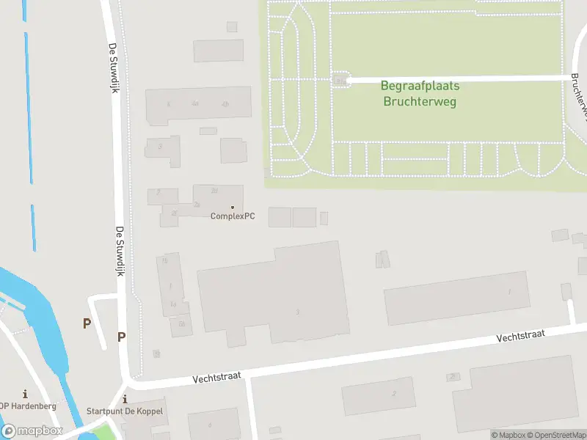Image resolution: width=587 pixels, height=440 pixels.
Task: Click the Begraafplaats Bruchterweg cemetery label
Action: [x=420, y=94]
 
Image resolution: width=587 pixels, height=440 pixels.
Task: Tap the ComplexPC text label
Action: [x=232, y=216]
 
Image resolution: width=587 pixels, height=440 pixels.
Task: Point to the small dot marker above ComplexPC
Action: [x=233, y=207]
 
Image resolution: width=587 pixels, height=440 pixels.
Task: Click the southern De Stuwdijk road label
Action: [x=120, y=251]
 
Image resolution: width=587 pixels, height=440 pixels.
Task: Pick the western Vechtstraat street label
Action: [x=217, y=378]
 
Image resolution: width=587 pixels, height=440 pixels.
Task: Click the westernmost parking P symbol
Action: [x=87, y=323]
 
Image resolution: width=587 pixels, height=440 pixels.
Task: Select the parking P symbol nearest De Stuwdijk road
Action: [x=121, y=337]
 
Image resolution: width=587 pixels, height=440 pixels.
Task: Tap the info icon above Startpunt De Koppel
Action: [x=125, y=399]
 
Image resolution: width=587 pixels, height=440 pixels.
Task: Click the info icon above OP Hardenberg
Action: [x=25, y=394]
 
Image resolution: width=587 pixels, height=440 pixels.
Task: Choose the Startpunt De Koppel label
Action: [x=125, y=411]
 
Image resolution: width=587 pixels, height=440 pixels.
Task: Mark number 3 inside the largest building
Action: [x=297, y=312]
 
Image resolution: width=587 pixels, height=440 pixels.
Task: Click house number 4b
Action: [x=225, y=104]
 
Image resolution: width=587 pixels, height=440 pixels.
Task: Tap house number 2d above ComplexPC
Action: [x=214, y=191]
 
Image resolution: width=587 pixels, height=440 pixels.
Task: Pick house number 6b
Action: [x=181, y=323]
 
